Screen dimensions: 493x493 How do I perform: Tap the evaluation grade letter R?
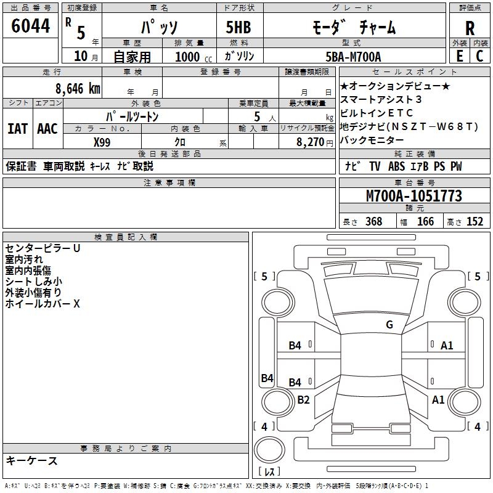(470, 28)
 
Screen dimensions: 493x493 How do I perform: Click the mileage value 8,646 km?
(77, 88)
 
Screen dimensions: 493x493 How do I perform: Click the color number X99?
(102, 141)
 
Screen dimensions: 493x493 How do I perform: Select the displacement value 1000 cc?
(191, 57)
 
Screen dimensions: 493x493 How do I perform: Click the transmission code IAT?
(18, 129)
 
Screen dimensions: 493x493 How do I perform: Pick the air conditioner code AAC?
(47, 129)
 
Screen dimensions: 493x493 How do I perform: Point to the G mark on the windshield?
(389, 324)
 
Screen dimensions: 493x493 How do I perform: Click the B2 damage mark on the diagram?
(303, 400)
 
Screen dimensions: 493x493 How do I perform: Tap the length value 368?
(373, 222)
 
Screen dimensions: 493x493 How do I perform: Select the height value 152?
(475, 222)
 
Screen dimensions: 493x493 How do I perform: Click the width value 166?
(425, 222)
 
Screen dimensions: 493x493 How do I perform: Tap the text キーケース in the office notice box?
(31, 461)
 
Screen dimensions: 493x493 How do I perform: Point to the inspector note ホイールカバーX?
(43, 304)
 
